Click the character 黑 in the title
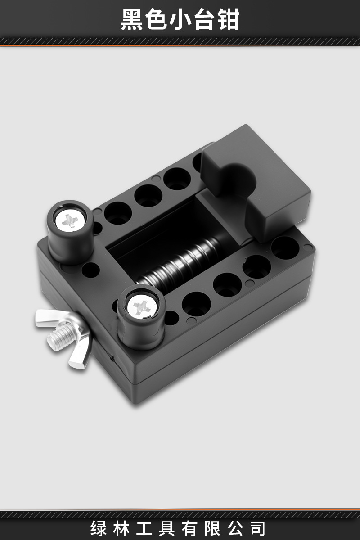point(132,19)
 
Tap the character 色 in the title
point(156,19)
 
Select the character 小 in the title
point(180,19)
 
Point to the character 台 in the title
point(204,19)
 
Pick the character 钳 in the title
point(228,19)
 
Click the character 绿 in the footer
point(99,528)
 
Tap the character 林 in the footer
point(121,528)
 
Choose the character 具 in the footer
point(167,528)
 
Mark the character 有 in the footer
point(190,528)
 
